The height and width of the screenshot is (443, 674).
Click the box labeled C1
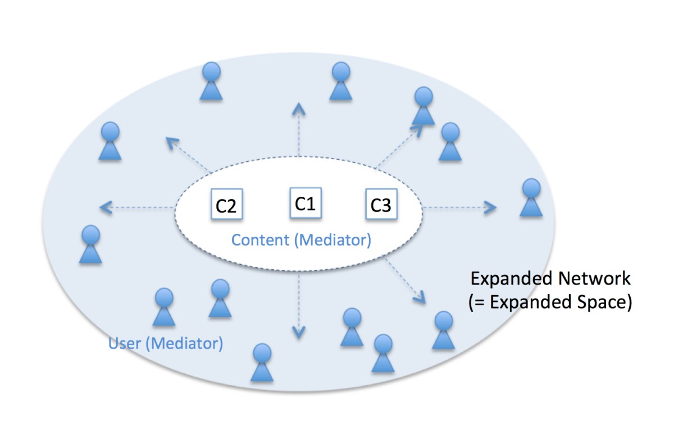305,202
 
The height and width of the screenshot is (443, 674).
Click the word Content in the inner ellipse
259,240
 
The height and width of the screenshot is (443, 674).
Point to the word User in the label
124,342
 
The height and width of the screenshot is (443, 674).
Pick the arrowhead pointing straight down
298,333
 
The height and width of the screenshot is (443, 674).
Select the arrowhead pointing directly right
491,208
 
